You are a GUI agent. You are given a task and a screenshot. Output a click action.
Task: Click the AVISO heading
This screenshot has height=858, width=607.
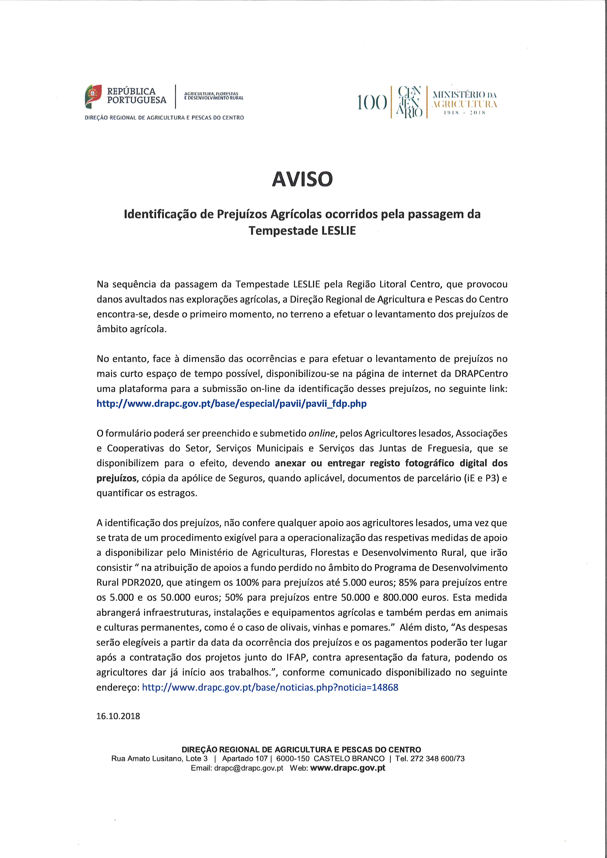302,179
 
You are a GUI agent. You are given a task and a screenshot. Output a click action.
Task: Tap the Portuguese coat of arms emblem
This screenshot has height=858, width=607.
93,96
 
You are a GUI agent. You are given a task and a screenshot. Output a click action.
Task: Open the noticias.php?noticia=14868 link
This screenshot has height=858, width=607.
270,687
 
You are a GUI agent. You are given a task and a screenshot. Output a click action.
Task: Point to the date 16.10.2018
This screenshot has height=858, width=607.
118,716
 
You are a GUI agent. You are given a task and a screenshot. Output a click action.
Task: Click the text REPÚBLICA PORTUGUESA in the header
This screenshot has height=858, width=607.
136,96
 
